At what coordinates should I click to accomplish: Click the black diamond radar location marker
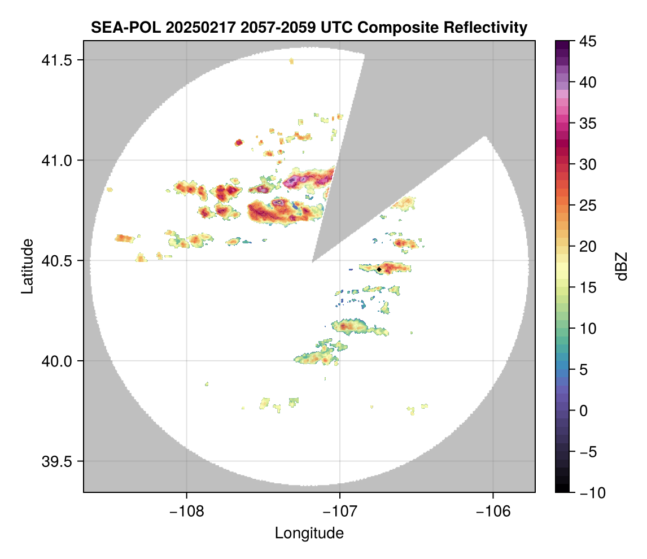pos(379,270)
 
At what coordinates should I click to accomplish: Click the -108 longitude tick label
pos(186,512)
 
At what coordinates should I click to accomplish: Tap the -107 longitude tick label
pos(340,512)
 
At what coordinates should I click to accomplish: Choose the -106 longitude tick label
pos(493,512)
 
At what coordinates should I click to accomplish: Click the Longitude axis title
pos(309,533)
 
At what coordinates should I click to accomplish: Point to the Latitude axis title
pos(27,266)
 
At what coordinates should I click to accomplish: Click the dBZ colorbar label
pos(622,266)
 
